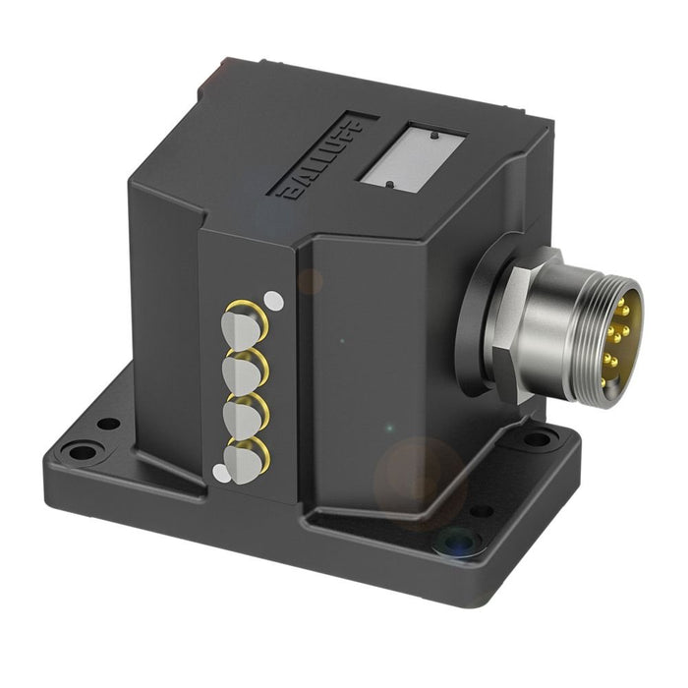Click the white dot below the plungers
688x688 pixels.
220,474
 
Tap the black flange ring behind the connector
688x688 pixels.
482,324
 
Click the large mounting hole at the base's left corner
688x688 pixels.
80,453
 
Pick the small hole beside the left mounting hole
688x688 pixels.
109,424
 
